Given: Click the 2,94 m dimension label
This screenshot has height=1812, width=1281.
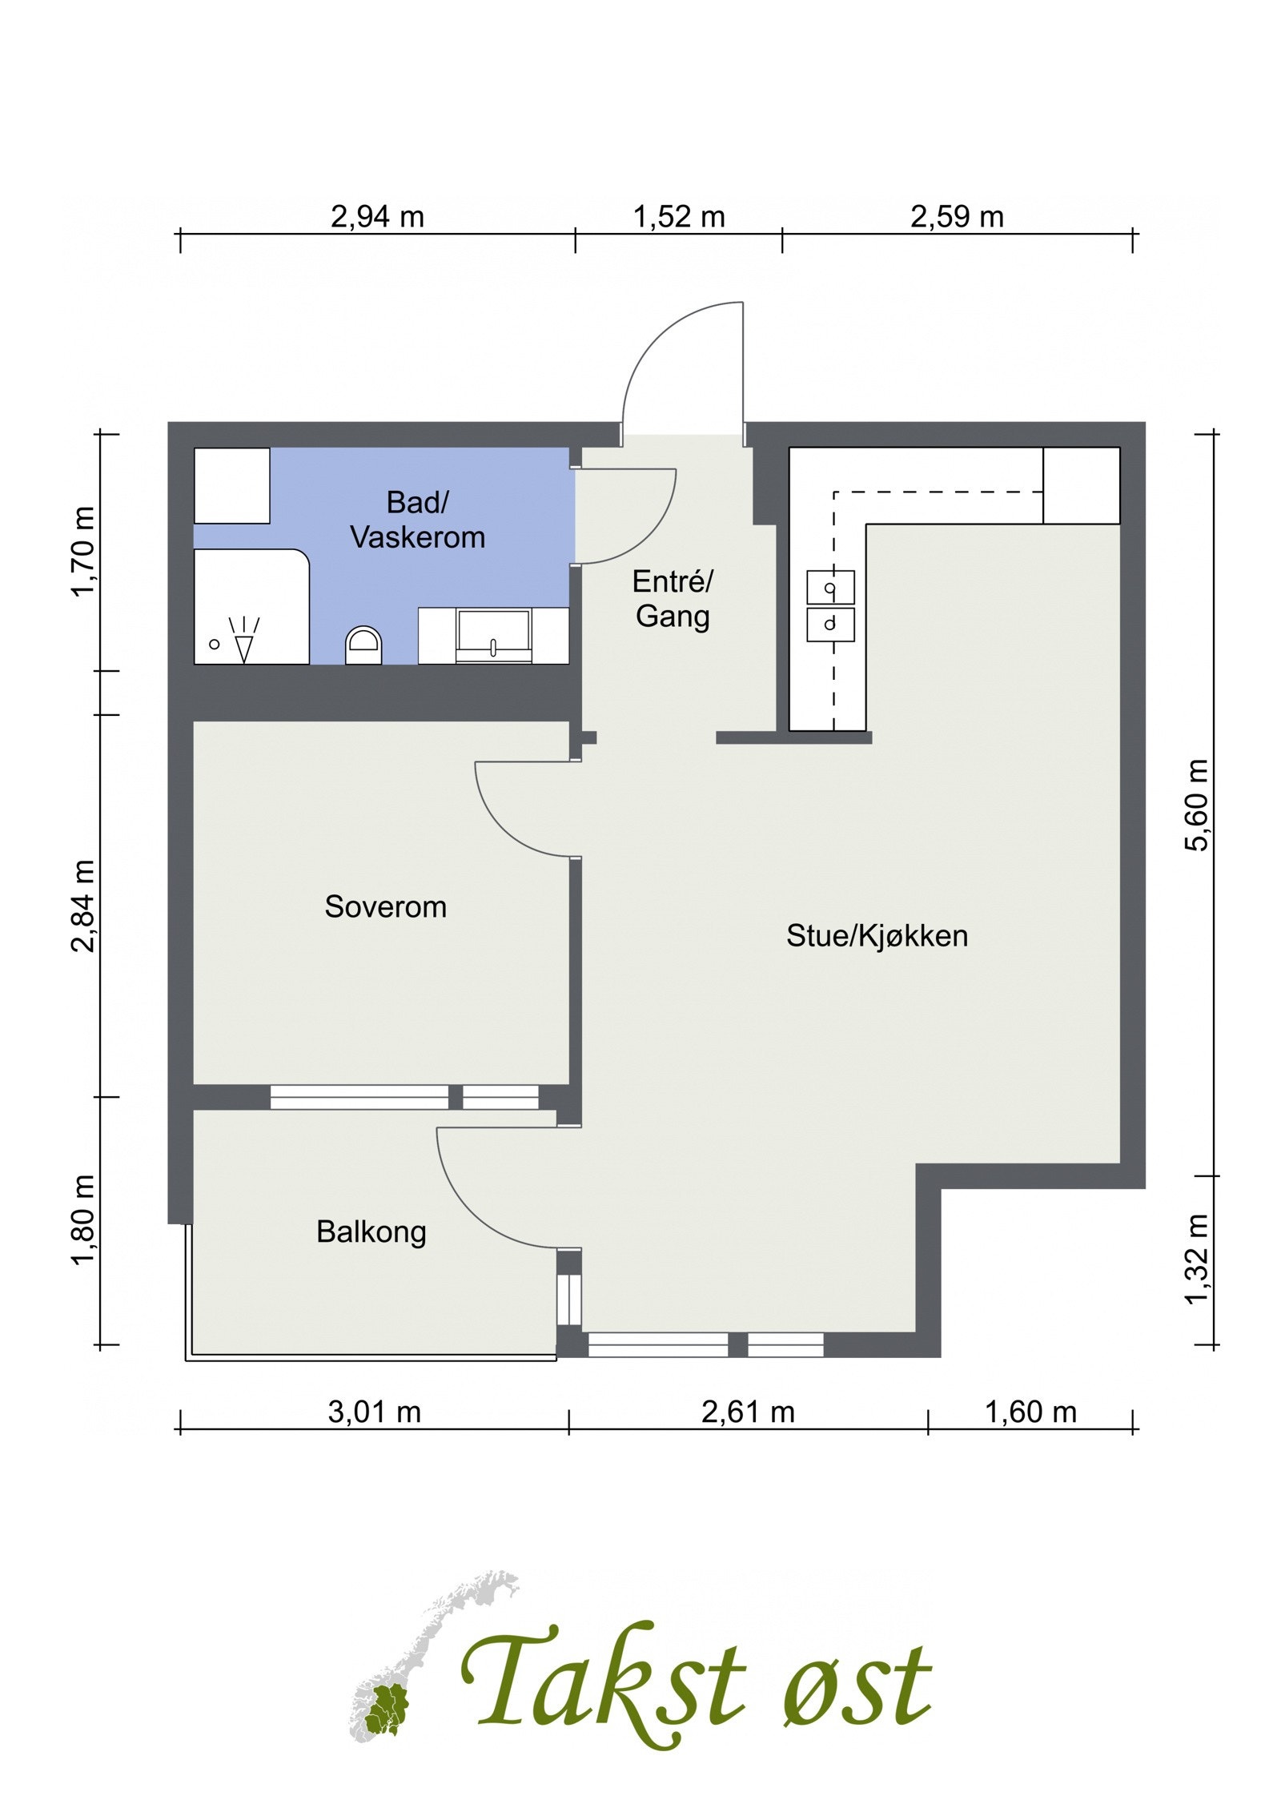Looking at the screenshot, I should [376, 216].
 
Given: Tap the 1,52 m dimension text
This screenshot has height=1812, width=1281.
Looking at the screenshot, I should [678, 216].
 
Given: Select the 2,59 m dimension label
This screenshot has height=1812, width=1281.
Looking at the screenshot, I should [956, 216].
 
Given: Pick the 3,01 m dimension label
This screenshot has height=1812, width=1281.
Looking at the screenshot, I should [374, 1412].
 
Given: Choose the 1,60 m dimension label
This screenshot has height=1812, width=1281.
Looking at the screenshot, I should [1030, 1412].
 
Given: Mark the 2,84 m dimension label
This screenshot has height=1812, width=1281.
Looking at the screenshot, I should [83, 905].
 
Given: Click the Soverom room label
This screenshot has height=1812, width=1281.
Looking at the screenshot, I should [385, 907].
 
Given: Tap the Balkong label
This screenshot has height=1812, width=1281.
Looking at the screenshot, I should [371, 1231].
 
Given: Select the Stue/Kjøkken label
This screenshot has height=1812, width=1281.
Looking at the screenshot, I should [877, 935].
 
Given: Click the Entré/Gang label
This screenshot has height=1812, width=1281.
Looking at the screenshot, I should [672, 599].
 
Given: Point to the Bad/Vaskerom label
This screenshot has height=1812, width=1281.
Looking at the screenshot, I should [418, 520].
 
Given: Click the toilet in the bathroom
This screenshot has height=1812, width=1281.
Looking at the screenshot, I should [364, 644].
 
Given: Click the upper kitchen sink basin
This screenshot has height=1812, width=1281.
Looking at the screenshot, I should [830, 587].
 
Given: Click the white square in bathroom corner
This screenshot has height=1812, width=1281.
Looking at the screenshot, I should [232, 485].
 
